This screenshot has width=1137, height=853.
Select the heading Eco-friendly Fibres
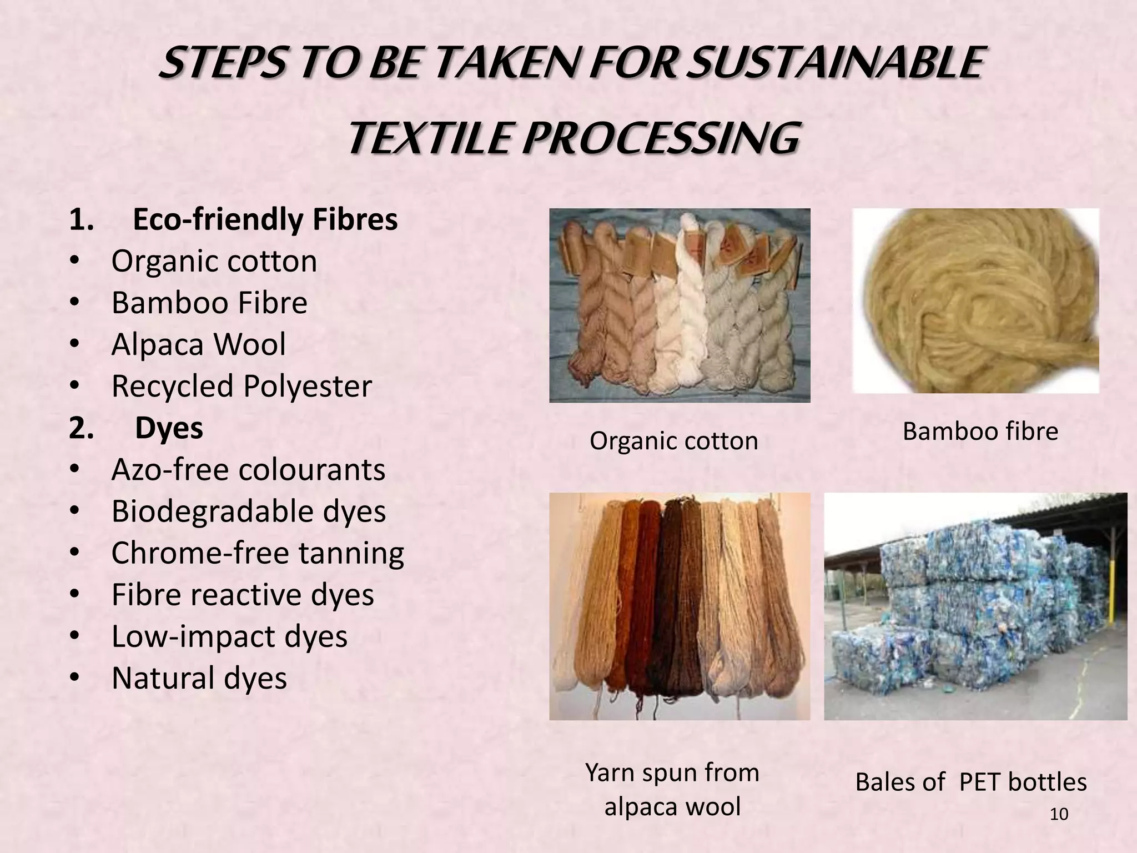(x=265, y=219)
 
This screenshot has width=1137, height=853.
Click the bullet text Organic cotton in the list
(x=214, y=261)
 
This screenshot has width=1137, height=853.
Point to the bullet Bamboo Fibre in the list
(x=209, y=303)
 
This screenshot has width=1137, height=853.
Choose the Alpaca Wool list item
(x=198, y=344)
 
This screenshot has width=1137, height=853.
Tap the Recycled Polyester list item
(x=242, y=386)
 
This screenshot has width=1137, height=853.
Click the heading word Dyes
(x=169, y=428)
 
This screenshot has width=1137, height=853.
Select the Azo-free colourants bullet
(x=248, y=470)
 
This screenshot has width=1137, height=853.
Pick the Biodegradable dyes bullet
(x=248, y=511)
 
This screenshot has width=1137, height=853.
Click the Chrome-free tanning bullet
(x=258, y=553)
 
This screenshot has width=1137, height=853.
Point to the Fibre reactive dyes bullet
(x=243, y=595)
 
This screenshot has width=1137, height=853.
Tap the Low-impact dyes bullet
(x=229, y=636)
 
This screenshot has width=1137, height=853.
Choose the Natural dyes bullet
(x=199, y=678)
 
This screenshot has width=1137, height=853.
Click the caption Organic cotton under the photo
(x=673, y=441)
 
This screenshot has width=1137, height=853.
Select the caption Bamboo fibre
(x=980, y=431)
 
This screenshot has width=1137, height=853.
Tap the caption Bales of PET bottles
(x=970, y=782)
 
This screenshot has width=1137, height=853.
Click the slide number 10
(x=1059, y=814)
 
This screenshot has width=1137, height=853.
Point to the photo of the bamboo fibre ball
(x=975, y=300)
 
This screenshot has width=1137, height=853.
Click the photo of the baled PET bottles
(x=975, y=606)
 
